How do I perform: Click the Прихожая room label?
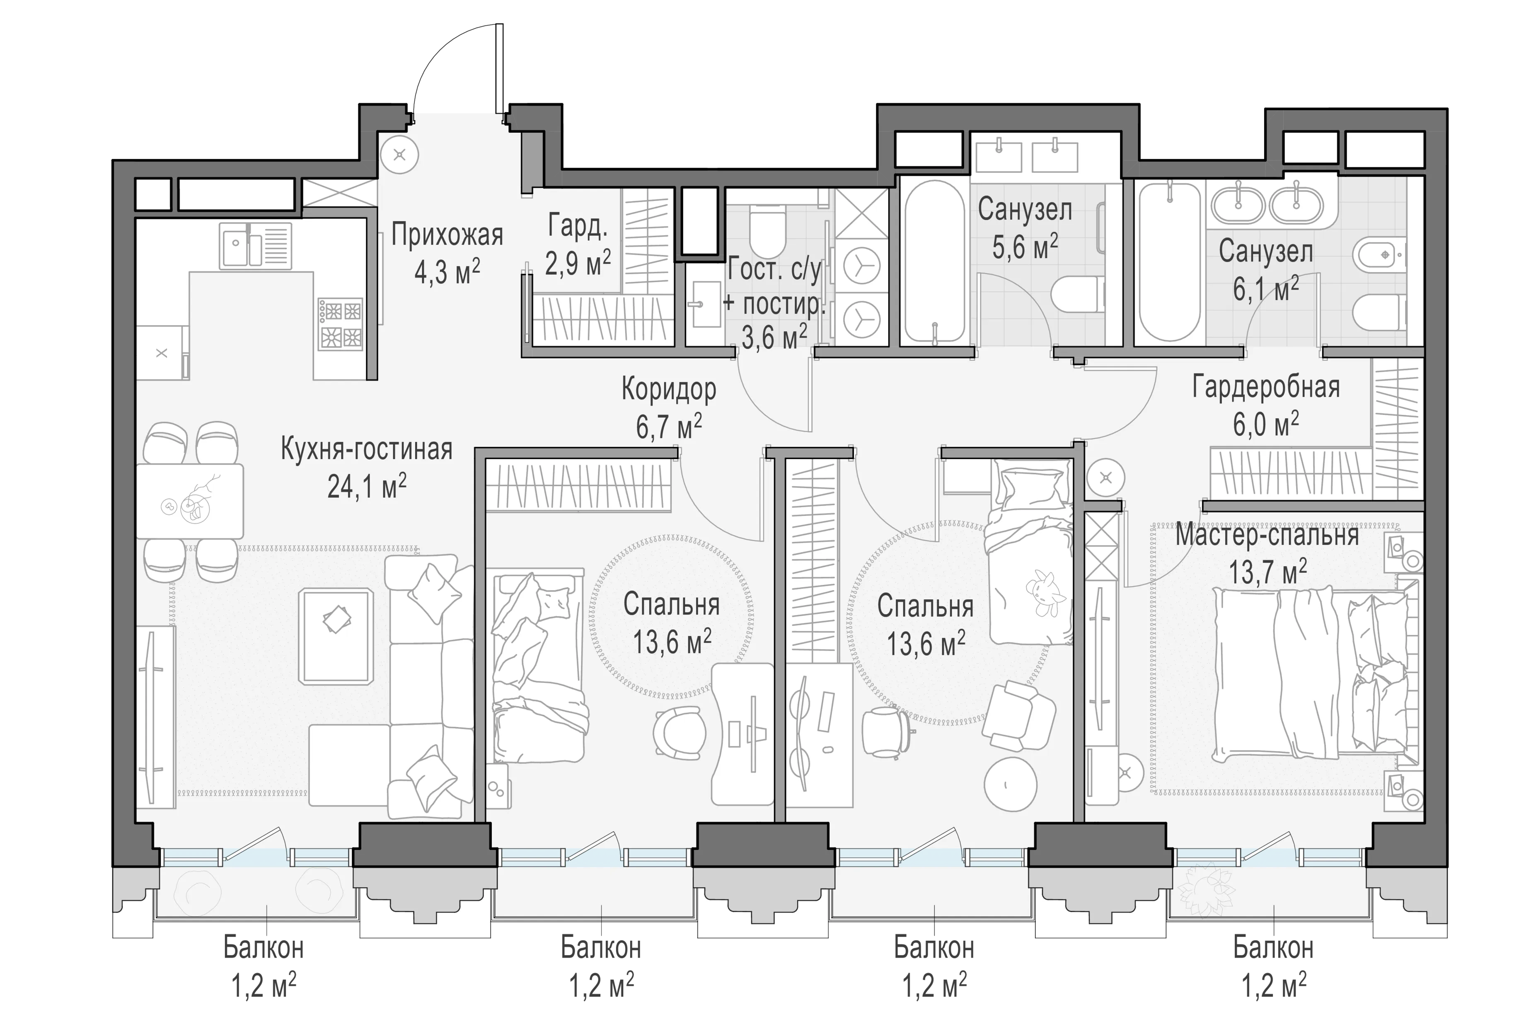point(447,235)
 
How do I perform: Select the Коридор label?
point(669,390)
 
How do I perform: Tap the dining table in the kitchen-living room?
point(190,501)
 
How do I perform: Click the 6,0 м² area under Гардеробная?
point(1266,425)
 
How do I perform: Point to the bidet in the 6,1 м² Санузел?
point(1379,255)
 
